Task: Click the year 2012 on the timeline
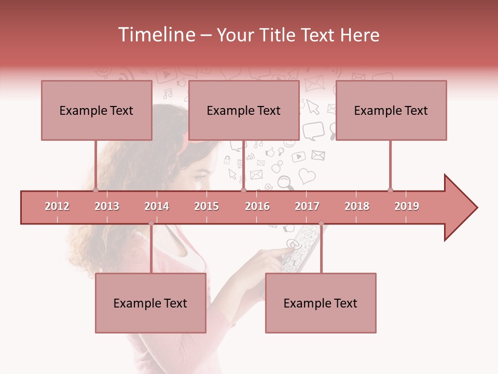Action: click(57, 206)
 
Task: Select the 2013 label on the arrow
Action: click(107, 206)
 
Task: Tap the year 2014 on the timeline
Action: click(157, 206)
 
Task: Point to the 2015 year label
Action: click(206, 206)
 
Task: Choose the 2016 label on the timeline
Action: click(257, 206)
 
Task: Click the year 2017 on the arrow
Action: click(307, 206)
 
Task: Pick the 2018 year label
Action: click(357, 206)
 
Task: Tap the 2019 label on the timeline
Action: click(407, 206)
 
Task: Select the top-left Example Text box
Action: click(96, 110)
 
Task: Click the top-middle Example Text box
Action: click(244, 110)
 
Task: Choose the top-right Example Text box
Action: click(391, 110)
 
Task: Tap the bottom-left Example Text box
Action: click(150, 303)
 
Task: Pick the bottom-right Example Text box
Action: click(321, 303)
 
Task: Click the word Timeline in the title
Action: click(156, 35)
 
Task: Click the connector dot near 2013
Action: click(95, 190)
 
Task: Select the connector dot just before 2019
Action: click(390, 190)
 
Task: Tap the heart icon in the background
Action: click(307, 176)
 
